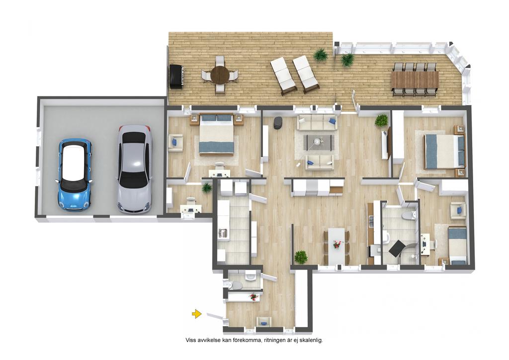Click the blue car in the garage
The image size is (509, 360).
[75, 175]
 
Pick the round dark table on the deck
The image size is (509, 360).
[220, 75]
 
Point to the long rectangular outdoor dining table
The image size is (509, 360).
[415, 79]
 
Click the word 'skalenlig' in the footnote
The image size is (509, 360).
[311, 341]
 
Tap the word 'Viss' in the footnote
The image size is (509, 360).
[190, 341]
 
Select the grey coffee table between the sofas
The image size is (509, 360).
[319, 142]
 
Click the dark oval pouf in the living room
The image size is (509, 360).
[278, 123]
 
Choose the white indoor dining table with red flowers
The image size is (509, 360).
[337, 247]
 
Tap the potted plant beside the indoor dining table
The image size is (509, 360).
[301, 257]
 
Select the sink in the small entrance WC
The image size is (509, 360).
[251, 277]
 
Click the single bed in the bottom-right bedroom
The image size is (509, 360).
[457, 245]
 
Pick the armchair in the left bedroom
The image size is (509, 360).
[175, 143]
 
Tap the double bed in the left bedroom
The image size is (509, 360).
[217, 134]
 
